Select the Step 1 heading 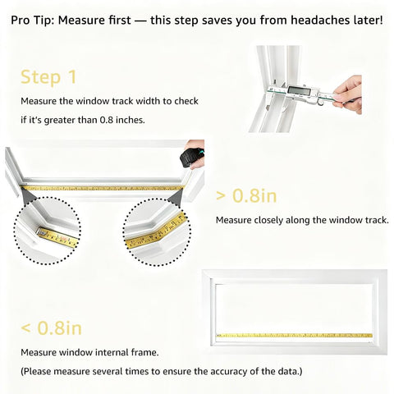pyautogui.click(x=48, y=77)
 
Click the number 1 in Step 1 pyautogui.click(x=71, y=77)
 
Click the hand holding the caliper pyautogui.click(x=348, y=92)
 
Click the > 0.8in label pyautogui.click(x=247, y=195)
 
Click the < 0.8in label pyautogui.click(x=51, y=328)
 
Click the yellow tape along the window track pyautogui.click(x=102, y=188)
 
